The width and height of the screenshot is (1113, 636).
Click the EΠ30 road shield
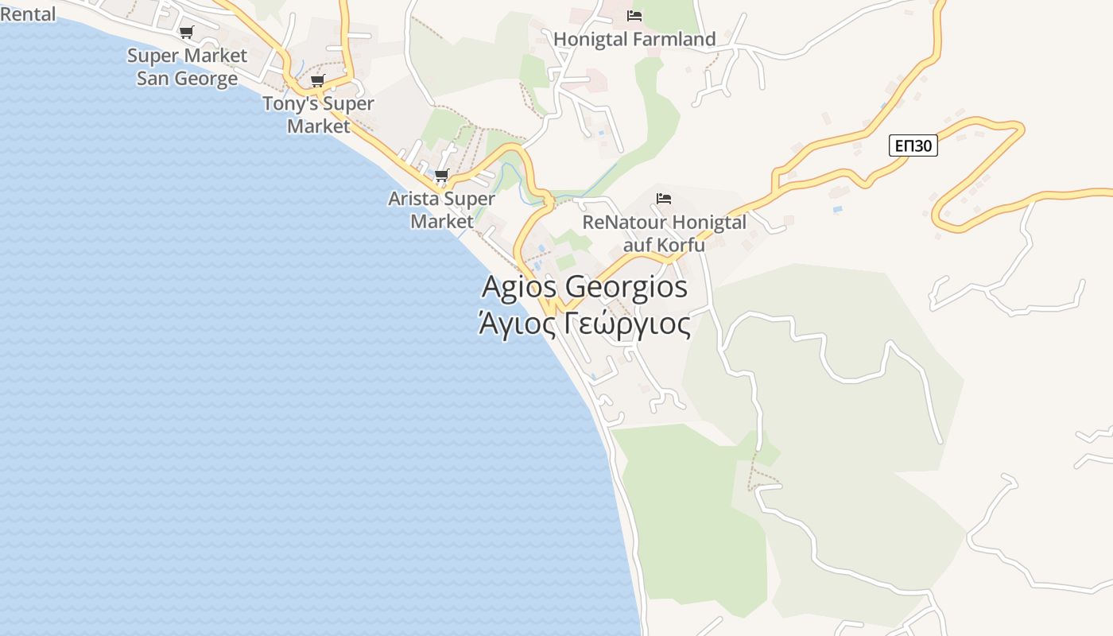pos(913,146)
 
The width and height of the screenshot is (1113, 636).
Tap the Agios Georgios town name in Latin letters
pos(584,287)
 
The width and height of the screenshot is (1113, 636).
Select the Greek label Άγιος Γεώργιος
pos(584,324)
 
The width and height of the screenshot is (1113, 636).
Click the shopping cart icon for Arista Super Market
pos(441,175)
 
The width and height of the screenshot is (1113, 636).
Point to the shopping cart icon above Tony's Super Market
pos(318,80)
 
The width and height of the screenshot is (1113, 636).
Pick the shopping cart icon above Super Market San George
pos(186,33)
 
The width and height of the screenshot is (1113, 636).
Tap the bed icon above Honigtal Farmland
pos(634,16)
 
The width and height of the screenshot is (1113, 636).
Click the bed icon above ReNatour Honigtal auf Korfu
pos(664,198)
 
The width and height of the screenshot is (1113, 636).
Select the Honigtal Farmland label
pos(634,39)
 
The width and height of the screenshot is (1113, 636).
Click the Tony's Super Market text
pos(318,114)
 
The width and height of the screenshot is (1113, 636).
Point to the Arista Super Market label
pos(441,210)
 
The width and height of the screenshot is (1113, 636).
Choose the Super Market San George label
pos(188,67)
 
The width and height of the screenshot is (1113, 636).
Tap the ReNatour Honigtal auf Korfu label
pos(664,233)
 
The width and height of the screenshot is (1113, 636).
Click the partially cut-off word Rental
pos(28,14)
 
